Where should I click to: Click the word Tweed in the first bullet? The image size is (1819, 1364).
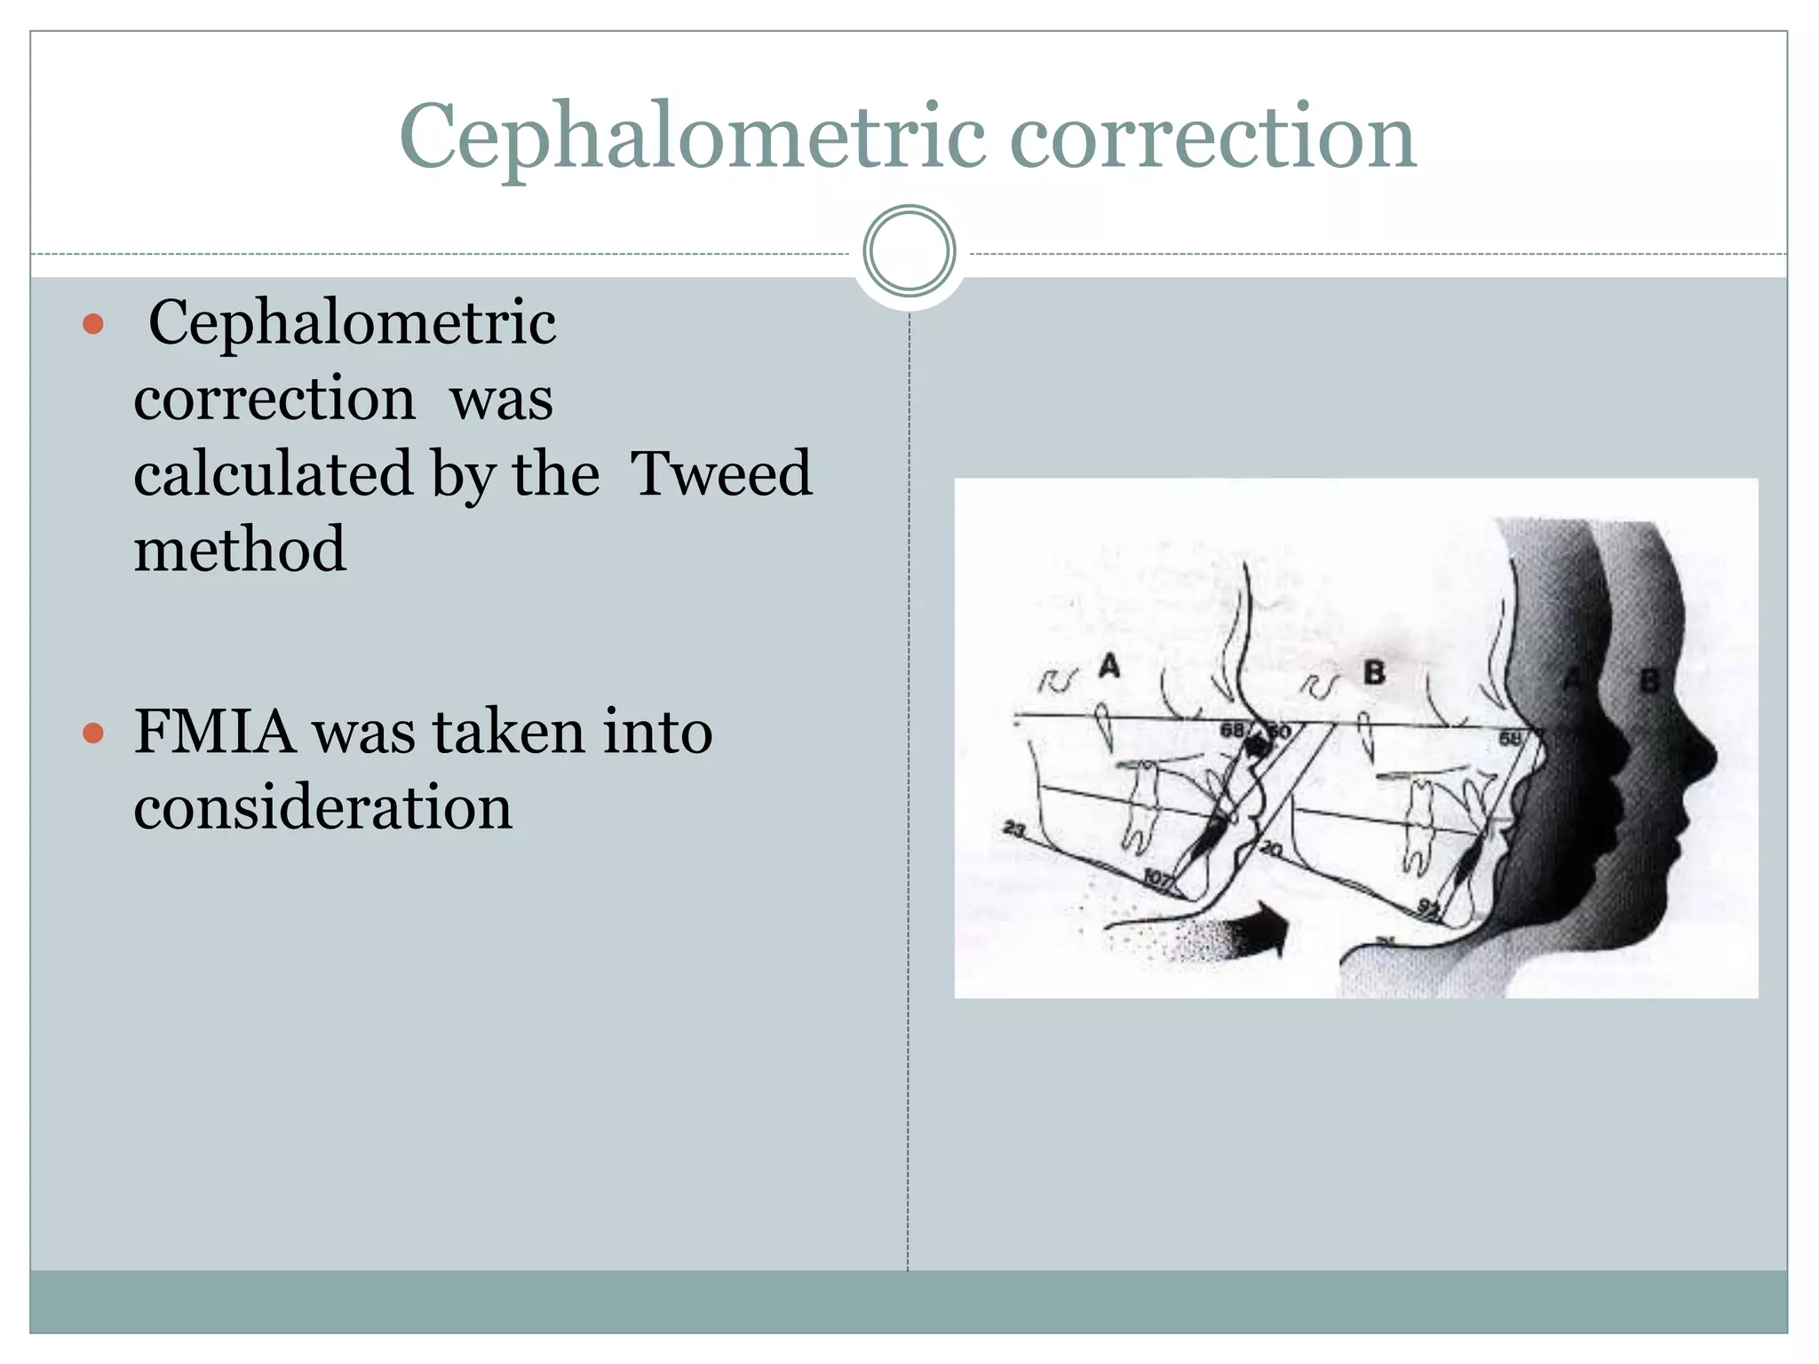click(720, 473)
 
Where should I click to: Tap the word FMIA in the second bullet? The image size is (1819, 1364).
click(214, 732)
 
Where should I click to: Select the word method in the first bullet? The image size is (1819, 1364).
click(240, 549)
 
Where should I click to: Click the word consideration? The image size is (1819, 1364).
click(323, 807)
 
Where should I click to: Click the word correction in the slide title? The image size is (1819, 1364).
click(1213, 137)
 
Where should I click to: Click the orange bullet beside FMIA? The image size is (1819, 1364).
click(93, 734)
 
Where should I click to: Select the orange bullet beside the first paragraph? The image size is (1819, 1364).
click(93, 324)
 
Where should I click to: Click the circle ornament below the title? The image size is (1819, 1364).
click(909, 251)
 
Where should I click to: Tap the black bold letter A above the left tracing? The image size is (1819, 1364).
click(1109, 666)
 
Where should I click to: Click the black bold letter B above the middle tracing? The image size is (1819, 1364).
click(1374, 672)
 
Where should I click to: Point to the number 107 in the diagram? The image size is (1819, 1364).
click(1157, 878)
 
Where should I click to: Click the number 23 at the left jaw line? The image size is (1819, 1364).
click(1013, 829)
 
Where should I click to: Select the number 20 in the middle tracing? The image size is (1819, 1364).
click(1271, 850)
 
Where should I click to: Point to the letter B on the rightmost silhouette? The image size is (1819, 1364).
click(1649, 681)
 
